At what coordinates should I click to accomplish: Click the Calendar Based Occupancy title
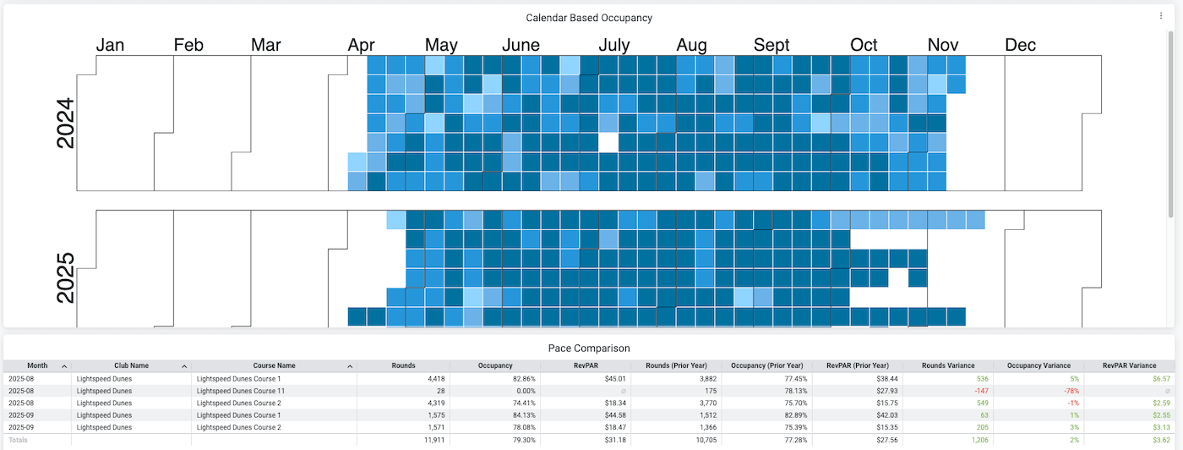(589, 18)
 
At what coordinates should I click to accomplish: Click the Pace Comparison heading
(589, 348)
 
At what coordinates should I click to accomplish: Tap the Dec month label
(1020, 45)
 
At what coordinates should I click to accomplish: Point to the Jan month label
(110, 45)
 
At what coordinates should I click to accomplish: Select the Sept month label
(771, 45)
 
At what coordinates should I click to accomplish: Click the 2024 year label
(65, 123)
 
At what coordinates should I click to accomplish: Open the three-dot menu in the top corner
(1161, 16)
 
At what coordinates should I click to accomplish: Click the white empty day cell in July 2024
(608, 142)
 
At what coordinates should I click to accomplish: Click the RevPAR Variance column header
(1129, 365)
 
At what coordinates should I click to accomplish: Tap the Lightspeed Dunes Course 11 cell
(240, 391)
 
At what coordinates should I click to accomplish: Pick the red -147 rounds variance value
(979, 391)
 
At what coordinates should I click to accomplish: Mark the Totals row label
(19, 441)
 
